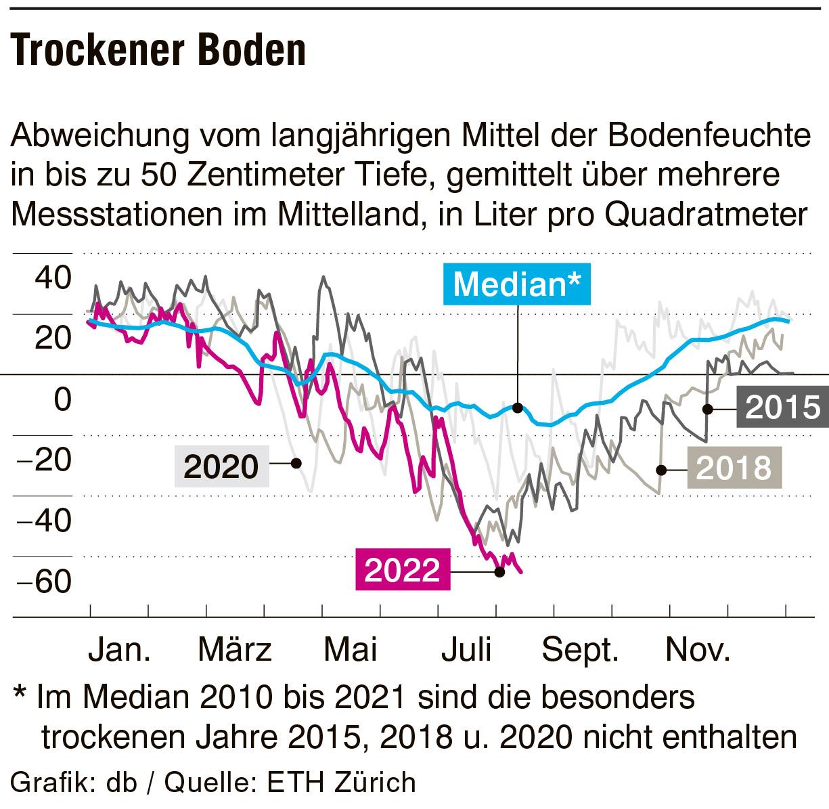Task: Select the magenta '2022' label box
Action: [x=403, y=570]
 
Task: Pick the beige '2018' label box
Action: [x=734, y=468]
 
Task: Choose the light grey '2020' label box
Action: [x=222, y=466]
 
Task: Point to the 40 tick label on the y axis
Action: [x=53, y=278]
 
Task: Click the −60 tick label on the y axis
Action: [x=46, y=581]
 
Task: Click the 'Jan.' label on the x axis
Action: [x=120, y=650]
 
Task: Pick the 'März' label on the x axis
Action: [x=235, y=650]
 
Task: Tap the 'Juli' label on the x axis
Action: [x=466, y=650]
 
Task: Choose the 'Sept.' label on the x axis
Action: [x=581, y=650]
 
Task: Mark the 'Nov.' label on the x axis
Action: [x=698, y=650]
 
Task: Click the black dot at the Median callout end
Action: [x=518, y=408]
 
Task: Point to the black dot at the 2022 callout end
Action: [x=500, y=571]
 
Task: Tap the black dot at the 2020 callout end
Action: [x=296, y=463]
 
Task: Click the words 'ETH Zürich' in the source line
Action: [x=342, y=782]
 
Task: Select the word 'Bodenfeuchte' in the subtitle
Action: [x=711, y=135]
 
